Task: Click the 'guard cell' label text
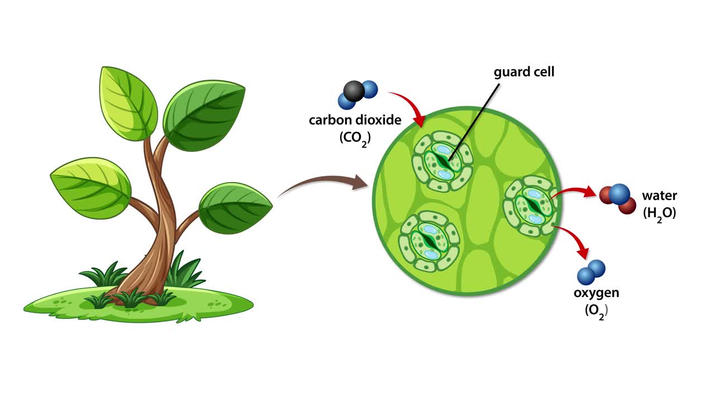point(524,72)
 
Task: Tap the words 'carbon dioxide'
point(355,119)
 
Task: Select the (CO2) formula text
point(355,138)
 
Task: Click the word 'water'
point(659,196)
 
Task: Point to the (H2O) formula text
point(659,213)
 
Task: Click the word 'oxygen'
point(596,293)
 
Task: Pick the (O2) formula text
point(596,310)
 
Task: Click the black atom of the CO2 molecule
point(354,90)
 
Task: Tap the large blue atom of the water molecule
point(619,194)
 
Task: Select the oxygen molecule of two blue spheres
point(591,272)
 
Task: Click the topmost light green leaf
point(128,103)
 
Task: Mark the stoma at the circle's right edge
point(531,205)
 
